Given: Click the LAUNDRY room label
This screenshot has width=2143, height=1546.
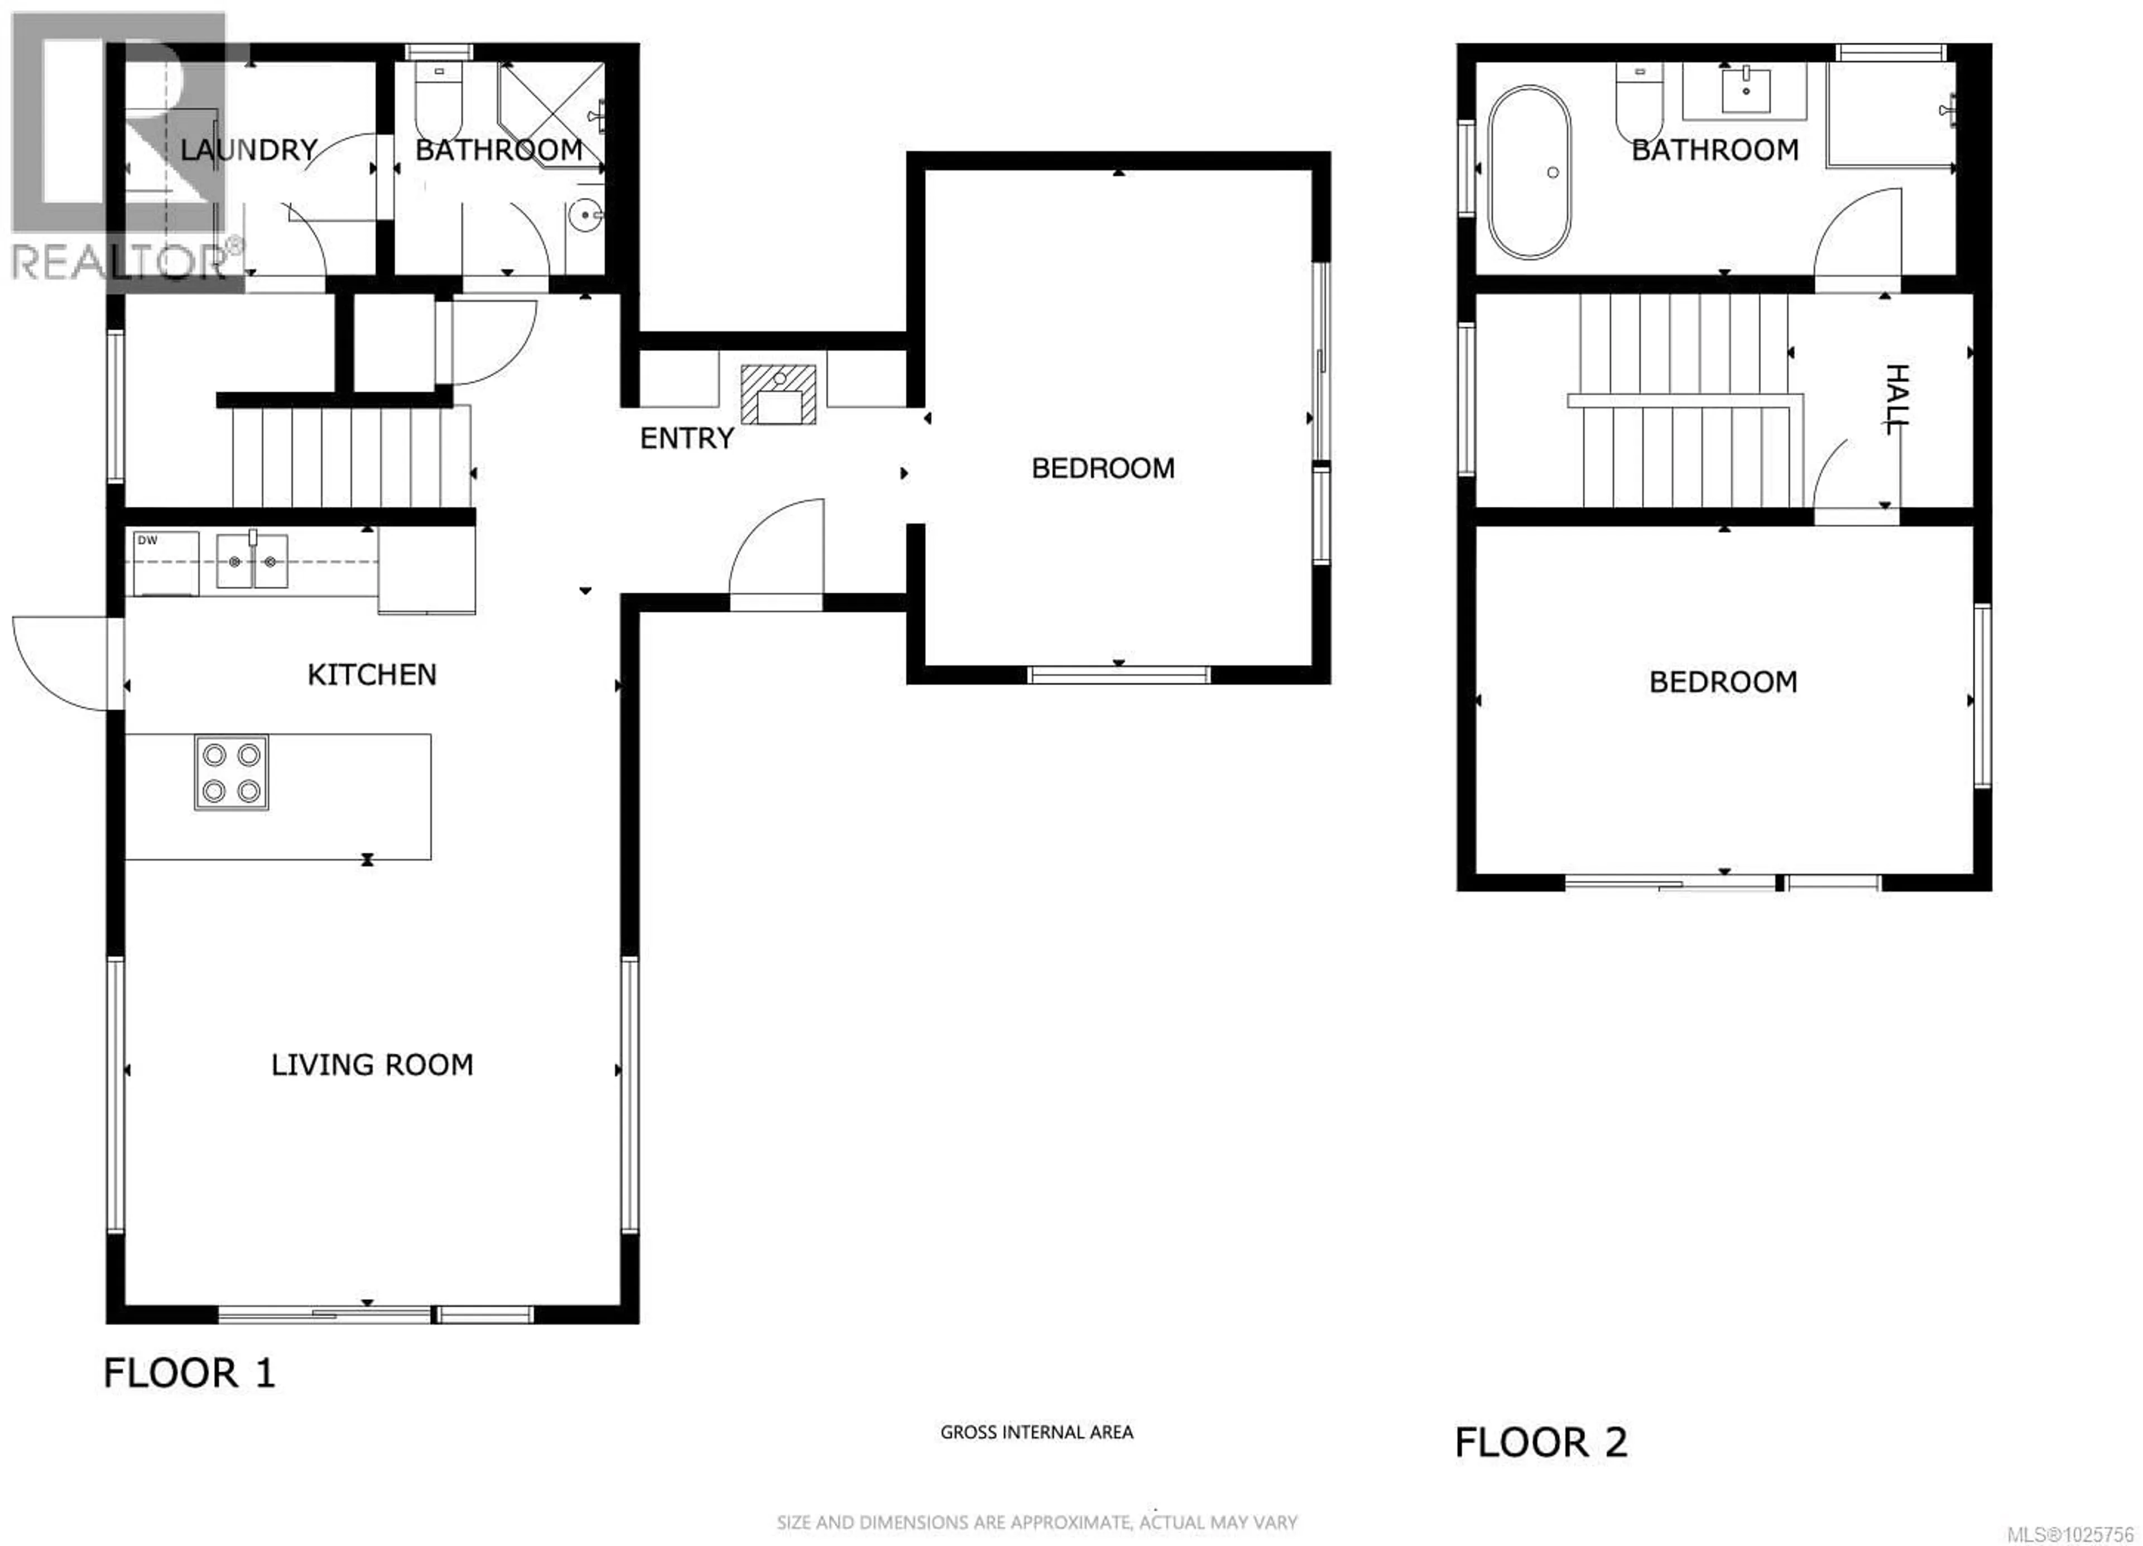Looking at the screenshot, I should [x=248, y=150].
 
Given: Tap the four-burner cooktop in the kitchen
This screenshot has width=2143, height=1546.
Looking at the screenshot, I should [x=232, y=772].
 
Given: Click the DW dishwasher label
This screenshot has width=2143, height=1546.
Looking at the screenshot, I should [x=147, y=540].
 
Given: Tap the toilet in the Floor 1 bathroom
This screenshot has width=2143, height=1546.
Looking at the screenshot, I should [x=439, y=102].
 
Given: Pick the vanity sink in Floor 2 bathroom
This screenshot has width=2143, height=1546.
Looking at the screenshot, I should [x=1745, y=91].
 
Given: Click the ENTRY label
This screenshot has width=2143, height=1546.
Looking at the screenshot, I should [x=687, y=439].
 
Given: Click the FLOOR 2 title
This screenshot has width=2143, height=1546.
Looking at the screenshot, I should [x=1541, y=1443].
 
